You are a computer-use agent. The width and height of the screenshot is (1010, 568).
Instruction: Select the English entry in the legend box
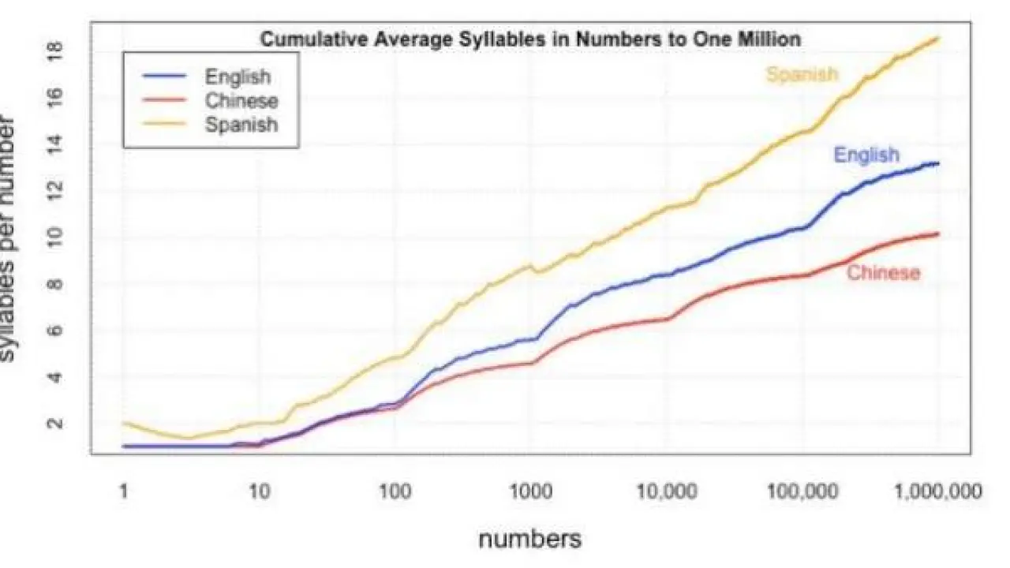coord(237,77)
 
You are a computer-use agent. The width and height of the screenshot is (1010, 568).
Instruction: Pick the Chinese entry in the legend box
coord(241,100)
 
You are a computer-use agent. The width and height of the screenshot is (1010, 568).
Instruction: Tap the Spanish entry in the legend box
coord(241,124)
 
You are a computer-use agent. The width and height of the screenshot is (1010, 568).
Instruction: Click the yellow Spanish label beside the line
coord(802,75)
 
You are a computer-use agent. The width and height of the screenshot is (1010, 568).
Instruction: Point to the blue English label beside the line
coord(866,155)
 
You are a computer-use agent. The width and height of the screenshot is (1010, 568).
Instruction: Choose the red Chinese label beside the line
coord(883,273)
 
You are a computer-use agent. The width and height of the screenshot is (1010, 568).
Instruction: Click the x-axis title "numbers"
coord(529,539)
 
